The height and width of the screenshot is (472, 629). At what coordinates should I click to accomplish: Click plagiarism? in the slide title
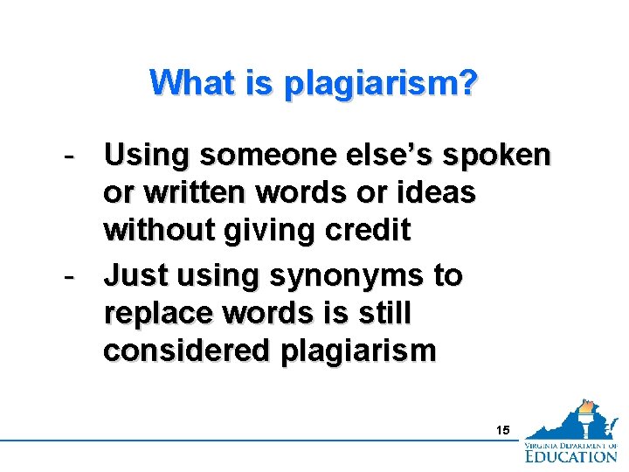point(381,85)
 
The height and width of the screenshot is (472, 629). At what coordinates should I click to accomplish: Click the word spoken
point(500,157)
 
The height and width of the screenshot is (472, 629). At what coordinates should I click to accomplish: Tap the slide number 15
point(501,430)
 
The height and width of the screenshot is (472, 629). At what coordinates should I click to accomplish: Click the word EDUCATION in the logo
point(570,455)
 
